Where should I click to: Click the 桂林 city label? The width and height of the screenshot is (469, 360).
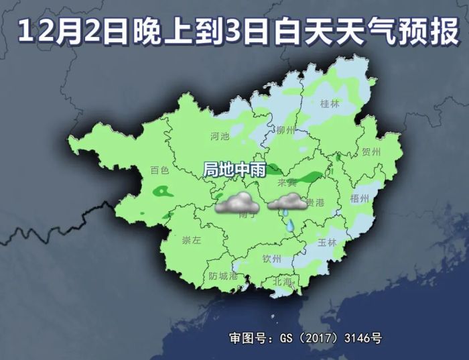click(x=330, y=104)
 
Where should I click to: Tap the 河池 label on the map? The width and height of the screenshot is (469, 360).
click(x=220, y=136)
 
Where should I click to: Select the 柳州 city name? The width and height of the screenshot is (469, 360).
click(x=285, y=130)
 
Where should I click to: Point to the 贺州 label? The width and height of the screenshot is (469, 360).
click(x=371, y=152)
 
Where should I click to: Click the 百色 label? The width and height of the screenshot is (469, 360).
click(x=159, y=170)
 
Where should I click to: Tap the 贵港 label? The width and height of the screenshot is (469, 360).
click(x=315, y=202)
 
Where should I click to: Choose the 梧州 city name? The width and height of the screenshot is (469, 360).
click(x=360, y=198)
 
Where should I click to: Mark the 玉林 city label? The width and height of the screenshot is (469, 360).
click(x=327, y=242)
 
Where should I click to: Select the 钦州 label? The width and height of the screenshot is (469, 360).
click(x=271, y=258)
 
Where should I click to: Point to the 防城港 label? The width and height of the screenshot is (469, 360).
click(x=223, y=276)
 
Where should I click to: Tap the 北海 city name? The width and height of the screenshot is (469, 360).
click(x=283, y=282)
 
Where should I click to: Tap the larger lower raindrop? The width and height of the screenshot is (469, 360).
click(x=289, y=226)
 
